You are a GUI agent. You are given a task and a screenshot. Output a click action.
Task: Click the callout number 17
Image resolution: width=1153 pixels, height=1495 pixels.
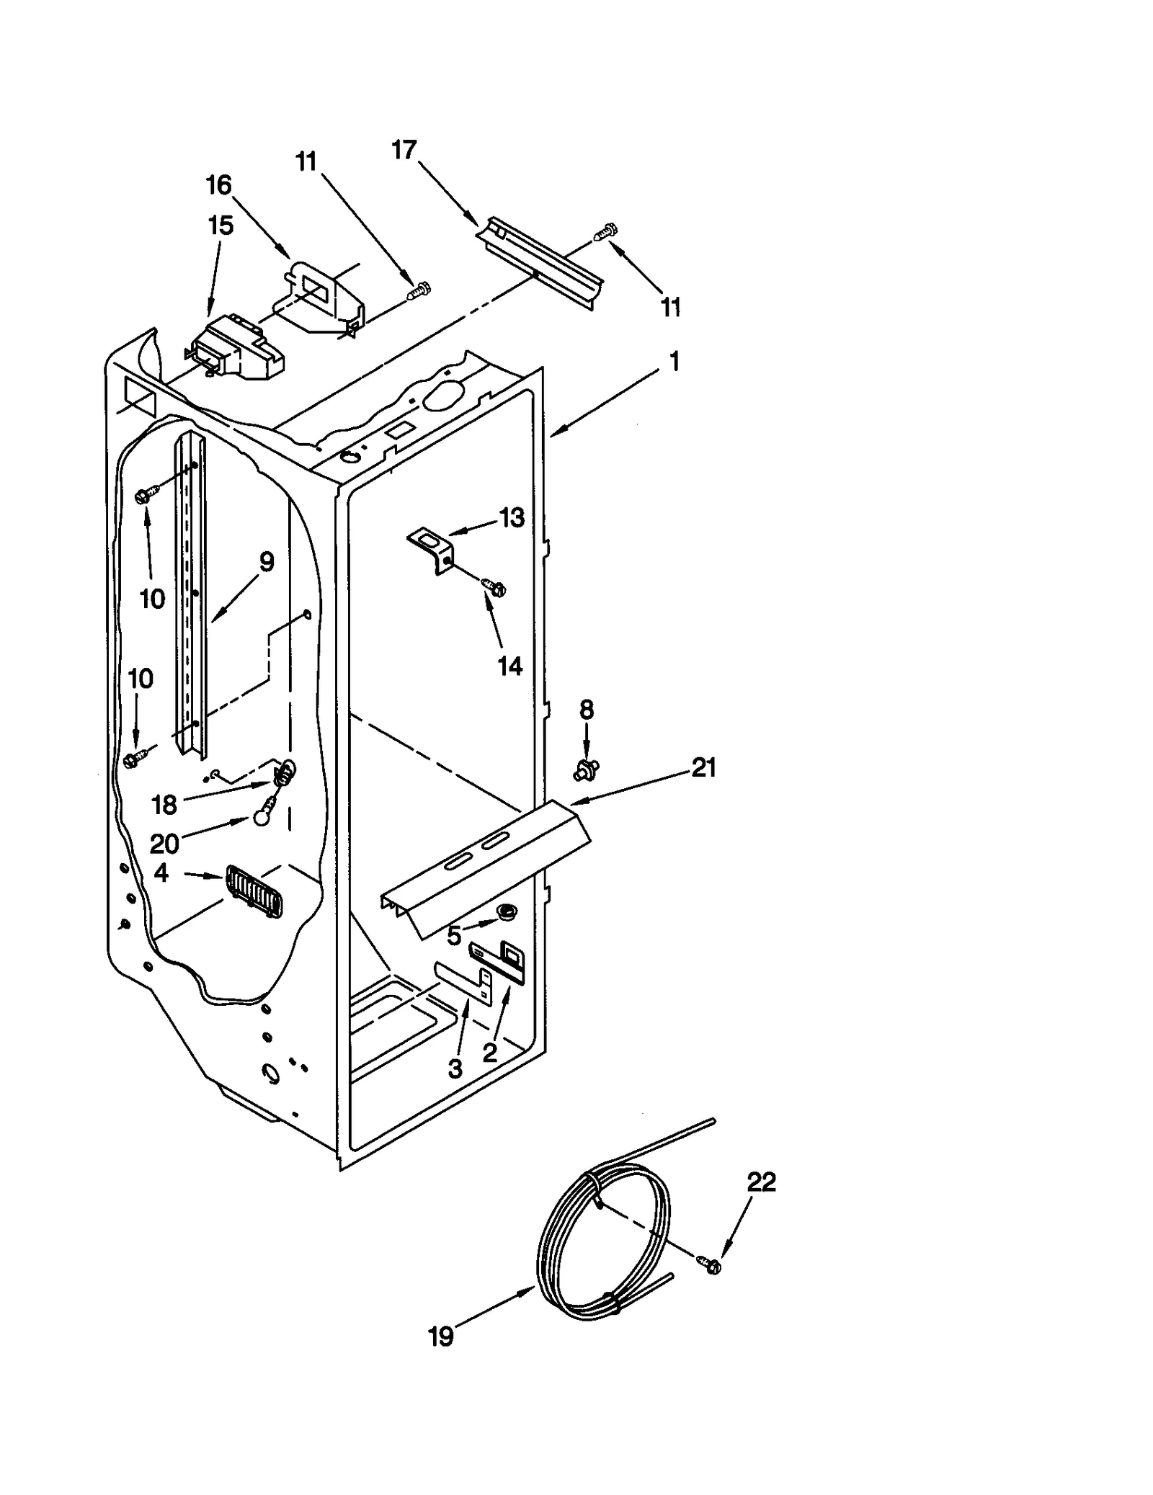point(404,150)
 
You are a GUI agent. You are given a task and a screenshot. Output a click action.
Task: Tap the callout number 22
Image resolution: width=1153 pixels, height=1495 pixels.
point(761,1182)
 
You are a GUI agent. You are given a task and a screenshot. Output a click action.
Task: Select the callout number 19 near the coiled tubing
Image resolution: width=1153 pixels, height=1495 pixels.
point(441,1337)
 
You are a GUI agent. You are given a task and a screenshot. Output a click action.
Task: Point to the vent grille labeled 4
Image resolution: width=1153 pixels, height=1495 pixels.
point(254,891)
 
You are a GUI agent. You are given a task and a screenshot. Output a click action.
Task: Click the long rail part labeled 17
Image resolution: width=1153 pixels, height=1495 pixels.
point(540,261)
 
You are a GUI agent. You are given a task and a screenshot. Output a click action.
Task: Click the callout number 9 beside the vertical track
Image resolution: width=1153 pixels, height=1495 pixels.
point(267,561)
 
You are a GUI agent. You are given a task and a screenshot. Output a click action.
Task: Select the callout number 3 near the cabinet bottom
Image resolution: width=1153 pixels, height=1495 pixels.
point(455,1069)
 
